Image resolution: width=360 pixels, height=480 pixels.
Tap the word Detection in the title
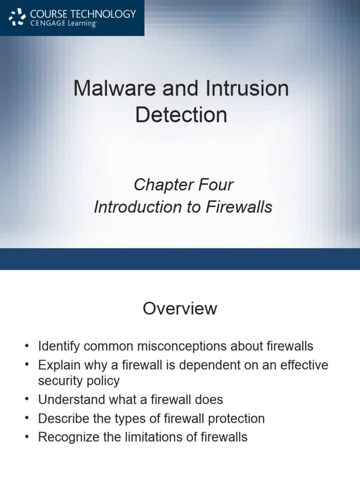coord(181,115)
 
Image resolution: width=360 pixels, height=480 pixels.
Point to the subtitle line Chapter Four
coord(183,185)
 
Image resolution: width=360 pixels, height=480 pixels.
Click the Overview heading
coord(180,308)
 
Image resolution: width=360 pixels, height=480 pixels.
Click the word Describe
coord(64,418)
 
